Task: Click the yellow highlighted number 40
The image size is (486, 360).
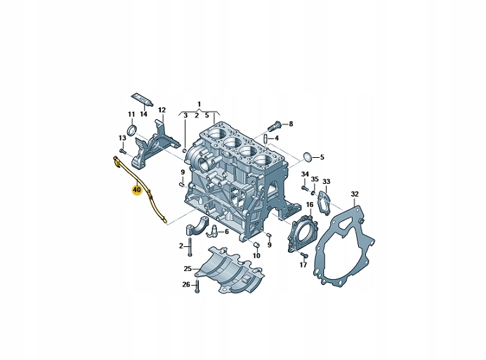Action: (x=136, y=189)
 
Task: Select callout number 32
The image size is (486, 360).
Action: (x=355, y=194)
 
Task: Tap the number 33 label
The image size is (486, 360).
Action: (x=327, y=182)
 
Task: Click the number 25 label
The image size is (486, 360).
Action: (x=188, y=269)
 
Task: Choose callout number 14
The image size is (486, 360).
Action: (x=143, y=114)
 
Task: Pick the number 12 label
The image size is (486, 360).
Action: (x=162, y=110)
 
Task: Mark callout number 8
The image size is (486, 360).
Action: (x=291, y=124)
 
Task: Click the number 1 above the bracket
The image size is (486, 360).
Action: (x=199, y=103)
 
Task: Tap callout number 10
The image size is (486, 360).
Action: (x=256, y=256)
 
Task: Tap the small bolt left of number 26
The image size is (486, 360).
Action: (x=198, y=284)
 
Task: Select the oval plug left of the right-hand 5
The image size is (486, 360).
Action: (x=307, y=156)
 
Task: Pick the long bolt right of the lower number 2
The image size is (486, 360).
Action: (x=190, y=246)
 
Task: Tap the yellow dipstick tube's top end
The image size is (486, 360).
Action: (x=114, y=160)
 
